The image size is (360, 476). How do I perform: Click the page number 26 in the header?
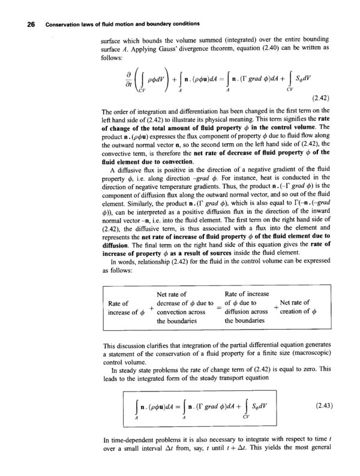pos(24,24)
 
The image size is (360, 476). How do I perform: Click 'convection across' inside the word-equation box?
pos(182,312)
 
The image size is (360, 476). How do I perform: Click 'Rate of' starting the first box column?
pos(119,303)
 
